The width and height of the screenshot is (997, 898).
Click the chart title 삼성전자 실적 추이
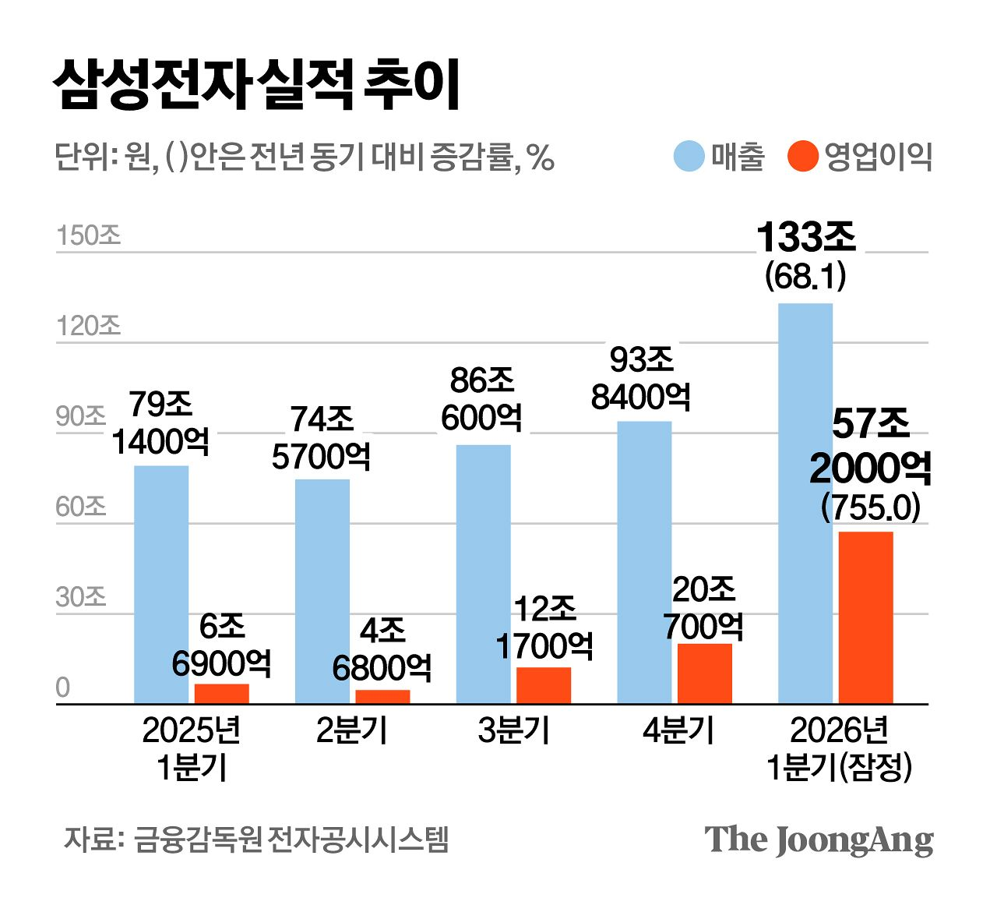[x=257, y=84]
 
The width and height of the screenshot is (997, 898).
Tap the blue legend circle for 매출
[x=689, y=156]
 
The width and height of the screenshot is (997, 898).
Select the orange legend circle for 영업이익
[x=802, y=156]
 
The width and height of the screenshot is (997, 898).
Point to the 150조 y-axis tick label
[x=88, y=235]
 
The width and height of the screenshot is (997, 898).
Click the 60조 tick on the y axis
[x=80, y=507]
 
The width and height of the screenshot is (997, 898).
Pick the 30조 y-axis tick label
[x=80, y=597]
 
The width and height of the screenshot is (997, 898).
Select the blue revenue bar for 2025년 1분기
[x=161, y=585]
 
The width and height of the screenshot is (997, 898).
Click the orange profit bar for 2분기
[x=382, y=697]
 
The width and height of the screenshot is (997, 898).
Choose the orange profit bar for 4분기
[x=705, y=673]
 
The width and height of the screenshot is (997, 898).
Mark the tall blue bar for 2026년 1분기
[x=805, y=503]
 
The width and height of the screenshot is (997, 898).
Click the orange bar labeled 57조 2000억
[x=865, y=617]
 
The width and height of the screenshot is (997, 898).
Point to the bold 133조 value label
[x=806, y=237]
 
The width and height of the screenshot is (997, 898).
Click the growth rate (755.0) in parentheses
[x=870, y=508]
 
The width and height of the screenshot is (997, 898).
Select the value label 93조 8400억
[x=641, y=379]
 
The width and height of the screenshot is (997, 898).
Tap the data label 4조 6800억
[x=382, y=649]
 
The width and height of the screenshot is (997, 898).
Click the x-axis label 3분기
[x=513, y=731]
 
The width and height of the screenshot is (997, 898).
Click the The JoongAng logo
[x=819, y=840]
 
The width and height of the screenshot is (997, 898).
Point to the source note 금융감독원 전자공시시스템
[x=291, y=840]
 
